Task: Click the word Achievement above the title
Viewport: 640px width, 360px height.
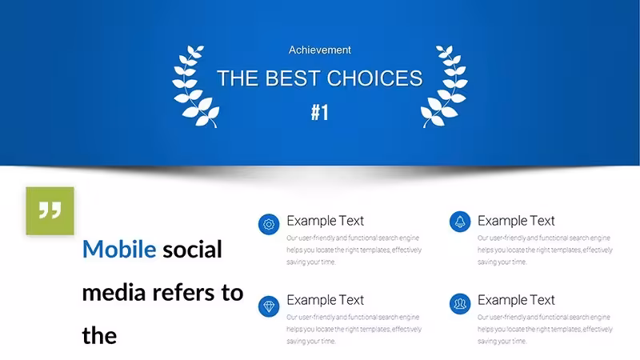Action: click(x=319, y=50)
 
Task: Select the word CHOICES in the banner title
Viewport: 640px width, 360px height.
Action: click(x=374, y=78)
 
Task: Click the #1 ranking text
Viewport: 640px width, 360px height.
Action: click(x=319, y=112)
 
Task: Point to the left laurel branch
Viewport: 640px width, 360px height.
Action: click(x=195, y=86)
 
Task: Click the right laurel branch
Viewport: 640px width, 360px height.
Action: click(x=444, y=86)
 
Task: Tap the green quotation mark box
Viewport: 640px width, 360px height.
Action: click(x=50, y=211)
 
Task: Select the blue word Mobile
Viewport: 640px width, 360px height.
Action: click(x=119, y=249)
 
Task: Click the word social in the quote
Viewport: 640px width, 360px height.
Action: click(x=192, y=249)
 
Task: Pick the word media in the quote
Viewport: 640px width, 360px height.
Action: click(x=114, y=293)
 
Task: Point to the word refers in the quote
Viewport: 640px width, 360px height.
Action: click(x=183, y=293)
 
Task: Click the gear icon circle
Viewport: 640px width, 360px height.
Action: click(x=269, y=224)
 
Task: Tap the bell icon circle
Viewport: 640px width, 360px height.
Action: click(x=460, y=222)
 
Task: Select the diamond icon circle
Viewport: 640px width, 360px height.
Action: click(x=269, y=306)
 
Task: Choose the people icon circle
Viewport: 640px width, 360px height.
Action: click(x=460, y=304)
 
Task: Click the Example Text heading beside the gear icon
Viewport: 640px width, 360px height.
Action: click(x=325, y=221)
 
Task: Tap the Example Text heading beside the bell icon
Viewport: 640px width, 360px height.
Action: click(x=516, y=221)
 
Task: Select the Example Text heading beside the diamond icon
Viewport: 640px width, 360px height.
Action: click(x=325, y=300)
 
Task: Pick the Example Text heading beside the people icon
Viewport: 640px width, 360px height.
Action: click(x=516, y=300)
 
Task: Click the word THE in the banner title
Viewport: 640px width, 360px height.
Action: click(x=238, y=78)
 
